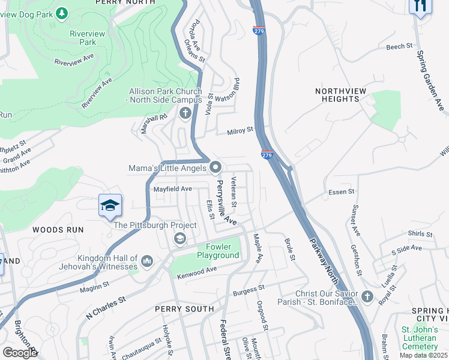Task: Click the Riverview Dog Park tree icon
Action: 62,13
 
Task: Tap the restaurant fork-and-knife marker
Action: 420,6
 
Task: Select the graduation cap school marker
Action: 110,206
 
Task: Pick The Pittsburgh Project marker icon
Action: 179,239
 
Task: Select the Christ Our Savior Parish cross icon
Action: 367,297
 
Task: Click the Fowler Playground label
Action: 218,251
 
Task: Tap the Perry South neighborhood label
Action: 184,309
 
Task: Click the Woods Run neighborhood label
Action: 58,230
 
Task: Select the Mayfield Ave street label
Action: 172,188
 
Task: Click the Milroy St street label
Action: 241,130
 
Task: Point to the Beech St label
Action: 400,46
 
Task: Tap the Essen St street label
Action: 342,192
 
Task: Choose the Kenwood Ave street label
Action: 196,272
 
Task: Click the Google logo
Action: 20,352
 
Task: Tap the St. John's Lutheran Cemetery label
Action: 420,337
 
